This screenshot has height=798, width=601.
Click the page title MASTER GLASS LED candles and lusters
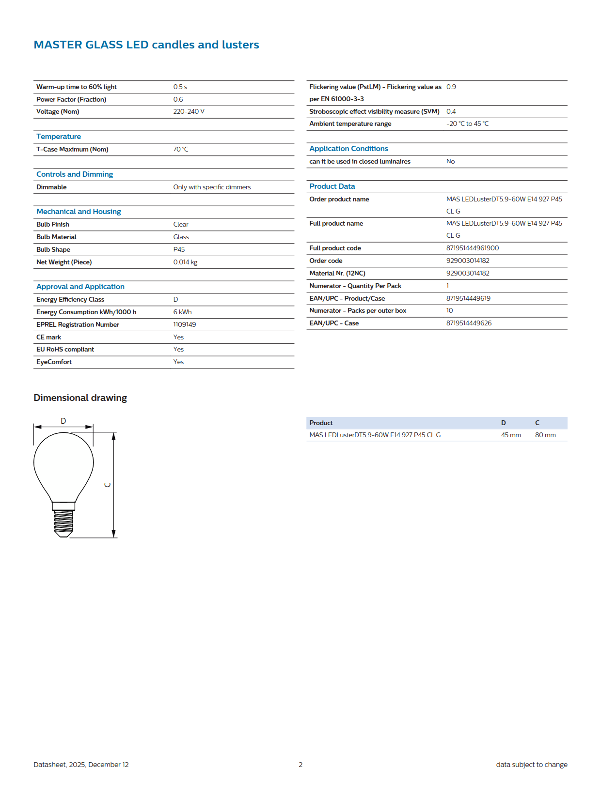pos(146,45)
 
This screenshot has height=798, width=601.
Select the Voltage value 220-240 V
pos(189,111)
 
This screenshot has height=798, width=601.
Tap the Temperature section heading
pos(59,137)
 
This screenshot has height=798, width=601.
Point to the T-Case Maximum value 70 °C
pos(180,149)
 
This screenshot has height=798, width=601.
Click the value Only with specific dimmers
pos(212,187)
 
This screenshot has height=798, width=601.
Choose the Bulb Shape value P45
pos(179,249)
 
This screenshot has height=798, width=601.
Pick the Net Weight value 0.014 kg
pos(185,262)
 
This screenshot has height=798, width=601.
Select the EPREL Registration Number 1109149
pos(184,324)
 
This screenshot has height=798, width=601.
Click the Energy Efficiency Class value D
pos(175,299)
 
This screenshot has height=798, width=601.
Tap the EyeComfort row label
pos(54,362)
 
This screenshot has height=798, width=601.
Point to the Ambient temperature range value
pos(467,123)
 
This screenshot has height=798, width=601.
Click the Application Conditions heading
pos(348,149)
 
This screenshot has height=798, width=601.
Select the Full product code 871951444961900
pos(472,248)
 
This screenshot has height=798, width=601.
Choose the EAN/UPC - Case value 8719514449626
pos(469,323)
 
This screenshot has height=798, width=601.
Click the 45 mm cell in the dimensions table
pos(511,435)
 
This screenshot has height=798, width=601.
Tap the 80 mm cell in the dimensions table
pos(545,435)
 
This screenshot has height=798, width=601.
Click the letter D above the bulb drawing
pos(63,421)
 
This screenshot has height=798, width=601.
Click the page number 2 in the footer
pos(300,765)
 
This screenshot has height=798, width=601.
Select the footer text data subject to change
pos(531,765)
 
